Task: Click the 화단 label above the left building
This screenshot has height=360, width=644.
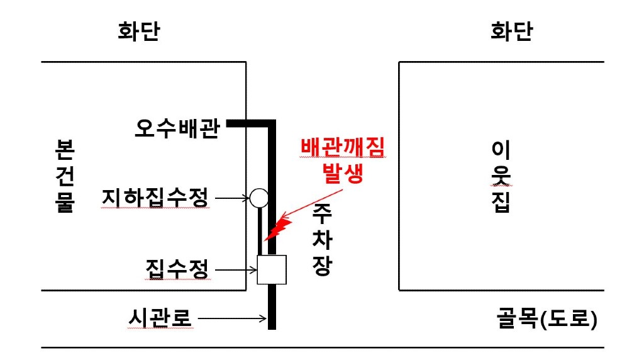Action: [139, 31]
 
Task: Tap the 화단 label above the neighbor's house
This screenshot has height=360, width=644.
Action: [511, 31]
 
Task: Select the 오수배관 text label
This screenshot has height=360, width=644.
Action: [177, 128]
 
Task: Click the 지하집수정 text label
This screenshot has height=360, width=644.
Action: [155, 198]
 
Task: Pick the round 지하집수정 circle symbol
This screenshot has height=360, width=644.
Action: [259, 198]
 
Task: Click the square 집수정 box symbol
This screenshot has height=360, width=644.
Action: [272, 269]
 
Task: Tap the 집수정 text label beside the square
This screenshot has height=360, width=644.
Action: [177, 269]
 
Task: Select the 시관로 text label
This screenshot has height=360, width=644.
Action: [160, 318]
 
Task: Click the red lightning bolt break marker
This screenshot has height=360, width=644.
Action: [278, 229]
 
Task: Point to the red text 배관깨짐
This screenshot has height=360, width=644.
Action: [343, 147]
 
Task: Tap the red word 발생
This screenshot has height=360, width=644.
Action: [343, 173]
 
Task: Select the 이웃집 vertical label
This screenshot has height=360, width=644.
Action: [501, 176]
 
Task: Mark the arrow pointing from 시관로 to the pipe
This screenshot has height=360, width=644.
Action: [233, 318]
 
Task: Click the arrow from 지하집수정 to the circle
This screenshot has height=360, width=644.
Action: [232, 198]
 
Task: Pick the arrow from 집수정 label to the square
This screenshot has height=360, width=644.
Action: [236, 270]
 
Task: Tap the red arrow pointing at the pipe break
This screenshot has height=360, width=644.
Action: [311, 204]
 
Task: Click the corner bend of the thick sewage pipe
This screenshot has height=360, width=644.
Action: [272, 123]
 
